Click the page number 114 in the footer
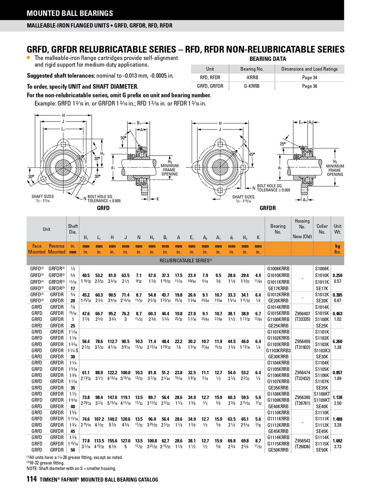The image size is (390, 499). coord(32,479)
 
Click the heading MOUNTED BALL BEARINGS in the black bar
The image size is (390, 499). coord(70,13)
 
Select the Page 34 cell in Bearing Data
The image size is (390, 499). coord(310,78)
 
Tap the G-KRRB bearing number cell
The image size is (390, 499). coord(252,86)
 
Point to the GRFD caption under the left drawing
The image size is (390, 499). coord(103,208)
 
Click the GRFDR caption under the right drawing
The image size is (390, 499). coord(268,208)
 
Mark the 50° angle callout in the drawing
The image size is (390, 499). coord(123,138)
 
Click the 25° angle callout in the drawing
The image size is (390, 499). coord(283,144)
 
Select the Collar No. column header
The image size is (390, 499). coord(322,229)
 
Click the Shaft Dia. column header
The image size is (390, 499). coord(73,229)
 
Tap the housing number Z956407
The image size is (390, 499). coord(302,313)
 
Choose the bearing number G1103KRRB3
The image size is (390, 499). coord(278,350)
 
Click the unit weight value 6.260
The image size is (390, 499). coord(337,341)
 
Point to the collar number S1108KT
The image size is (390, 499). coord(322,394)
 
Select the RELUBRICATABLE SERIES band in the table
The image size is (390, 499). coord(186,260)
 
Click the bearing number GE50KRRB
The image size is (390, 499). coord(278,450)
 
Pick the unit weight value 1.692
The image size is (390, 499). coord(337,441)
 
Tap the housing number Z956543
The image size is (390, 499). coord(302,441)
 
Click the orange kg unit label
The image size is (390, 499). coord(337,246)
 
